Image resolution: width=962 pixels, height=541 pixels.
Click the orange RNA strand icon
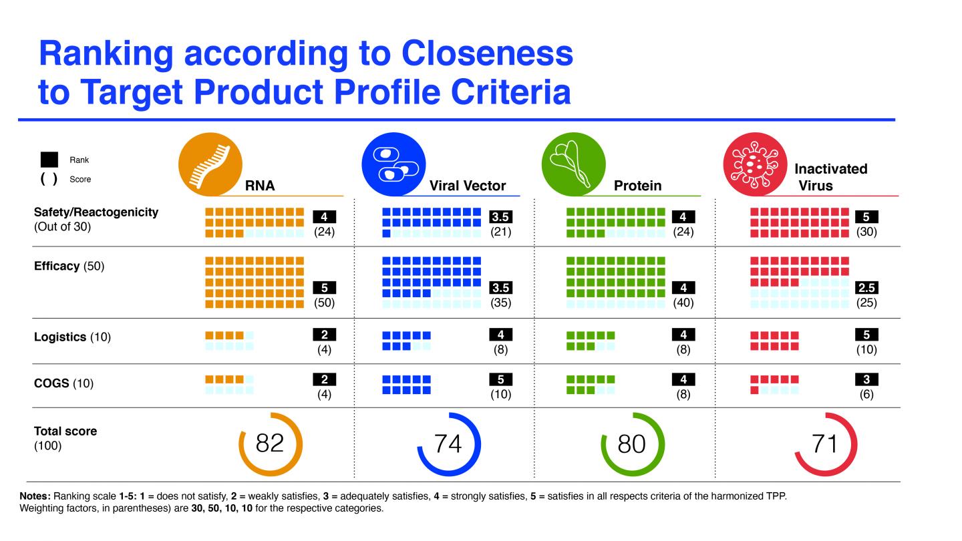[210, 164]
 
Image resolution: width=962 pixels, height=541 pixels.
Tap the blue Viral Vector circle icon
[393, 164]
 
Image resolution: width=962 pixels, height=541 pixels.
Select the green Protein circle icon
[573, 164]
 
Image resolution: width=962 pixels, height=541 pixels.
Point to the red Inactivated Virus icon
[756, 164]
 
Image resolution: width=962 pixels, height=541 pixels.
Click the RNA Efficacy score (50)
[324, 303]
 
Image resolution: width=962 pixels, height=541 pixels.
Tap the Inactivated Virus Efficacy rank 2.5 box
[866, 288]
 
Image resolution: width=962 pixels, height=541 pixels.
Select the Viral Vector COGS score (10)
[500, 394]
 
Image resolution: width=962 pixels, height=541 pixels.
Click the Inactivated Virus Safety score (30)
[866, 232]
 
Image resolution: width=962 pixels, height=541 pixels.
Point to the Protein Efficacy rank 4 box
[683, 288]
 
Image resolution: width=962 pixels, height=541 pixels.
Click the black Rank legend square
[49, 160]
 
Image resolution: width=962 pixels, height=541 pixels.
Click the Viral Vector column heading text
[467, 186]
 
